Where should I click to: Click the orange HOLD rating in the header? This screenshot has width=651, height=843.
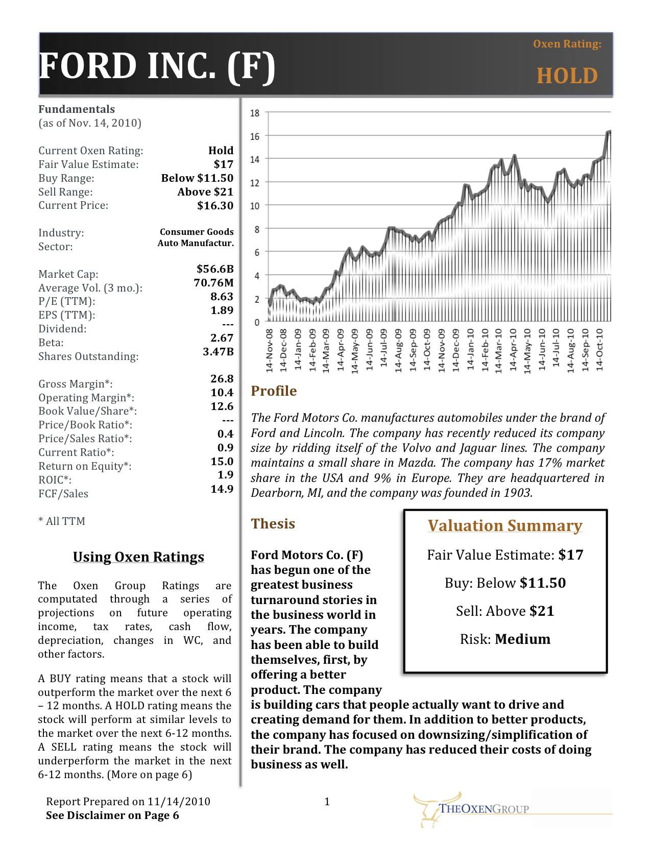(567, 76)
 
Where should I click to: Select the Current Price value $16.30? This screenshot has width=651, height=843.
(215, 206)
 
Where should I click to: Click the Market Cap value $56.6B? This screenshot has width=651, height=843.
(215, 269)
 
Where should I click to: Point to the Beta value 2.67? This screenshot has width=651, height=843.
(222, 338)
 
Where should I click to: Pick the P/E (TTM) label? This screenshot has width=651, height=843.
(67, 302)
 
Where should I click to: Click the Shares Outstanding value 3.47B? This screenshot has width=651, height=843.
(218, 352)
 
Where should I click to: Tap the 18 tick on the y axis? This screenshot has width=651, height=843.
(254, 113)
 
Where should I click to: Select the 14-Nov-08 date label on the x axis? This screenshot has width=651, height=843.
(270, 351)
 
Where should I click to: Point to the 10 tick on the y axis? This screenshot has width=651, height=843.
(254, 206)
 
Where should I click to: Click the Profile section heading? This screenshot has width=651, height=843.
(274, 391)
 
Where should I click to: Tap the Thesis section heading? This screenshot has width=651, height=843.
(273, 524)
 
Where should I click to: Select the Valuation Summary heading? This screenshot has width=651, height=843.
(504, 526)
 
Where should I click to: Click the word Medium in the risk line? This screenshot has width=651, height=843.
(522, 639)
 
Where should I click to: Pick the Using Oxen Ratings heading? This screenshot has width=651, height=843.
(138, 557)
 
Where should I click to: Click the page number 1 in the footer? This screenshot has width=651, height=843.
(327, 802)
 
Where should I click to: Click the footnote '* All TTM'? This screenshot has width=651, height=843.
(62, 521)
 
